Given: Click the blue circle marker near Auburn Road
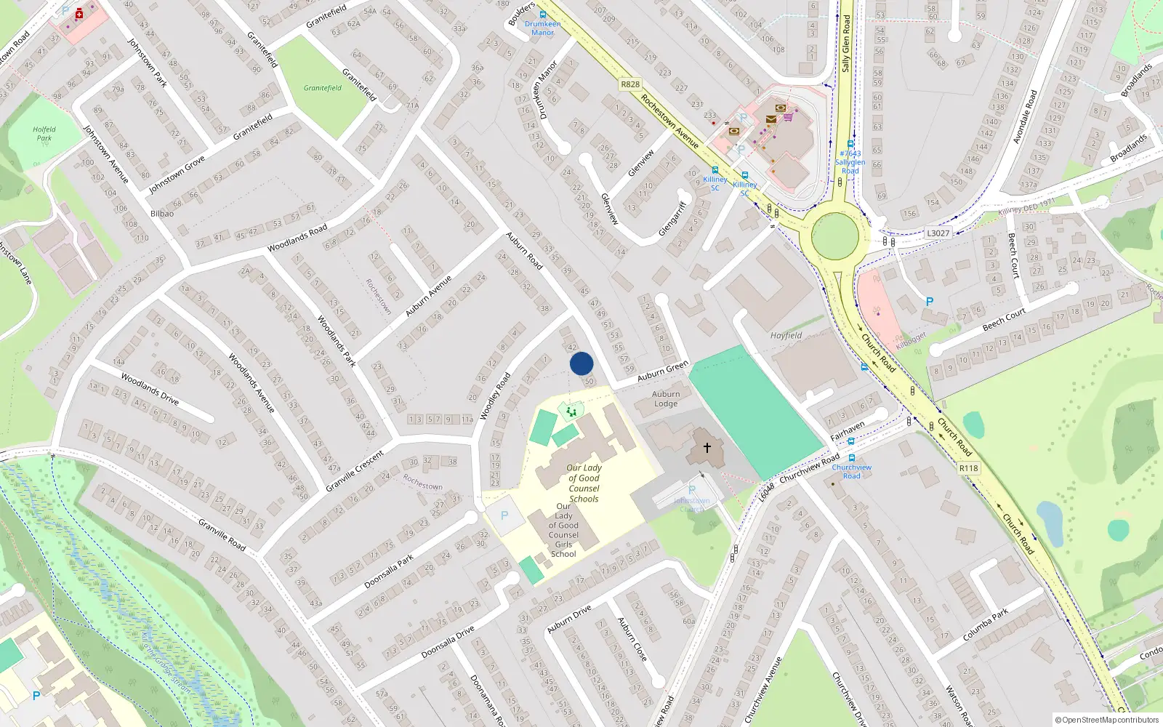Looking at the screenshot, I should [x=581, y=363].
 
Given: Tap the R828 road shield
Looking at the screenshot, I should [x=630, y=84].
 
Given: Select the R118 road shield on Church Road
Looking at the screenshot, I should [x=968, y=468].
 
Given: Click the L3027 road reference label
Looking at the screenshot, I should [x=938, y=233].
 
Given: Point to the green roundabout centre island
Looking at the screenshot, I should [x=835, y=236].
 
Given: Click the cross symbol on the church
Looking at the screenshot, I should [x=707, y=448].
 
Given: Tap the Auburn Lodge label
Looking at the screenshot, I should [x=666, y=398].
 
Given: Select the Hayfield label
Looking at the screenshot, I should [x=786, y=335].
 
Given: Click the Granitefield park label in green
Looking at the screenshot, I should [x=323, y=88].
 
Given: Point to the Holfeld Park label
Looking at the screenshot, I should [x=44, y=134].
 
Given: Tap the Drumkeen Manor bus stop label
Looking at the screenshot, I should [x=543, y=28].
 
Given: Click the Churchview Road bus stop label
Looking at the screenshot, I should [x=851, y=471].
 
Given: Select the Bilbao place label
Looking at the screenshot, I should [x=162, y=214].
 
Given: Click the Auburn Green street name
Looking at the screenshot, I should [x=662, y=371].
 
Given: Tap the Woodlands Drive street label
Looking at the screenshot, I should [x=150, y=389].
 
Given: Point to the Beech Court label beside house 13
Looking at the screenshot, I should [x=1004, y=318].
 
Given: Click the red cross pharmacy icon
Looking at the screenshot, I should [x=79, y=14].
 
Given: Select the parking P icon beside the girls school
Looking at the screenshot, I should [x=504, y=515].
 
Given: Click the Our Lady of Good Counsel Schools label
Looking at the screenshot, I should [x=584, y=483].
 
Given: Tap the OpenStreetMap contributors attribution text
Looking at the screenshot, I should [x=1106, y=720].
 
